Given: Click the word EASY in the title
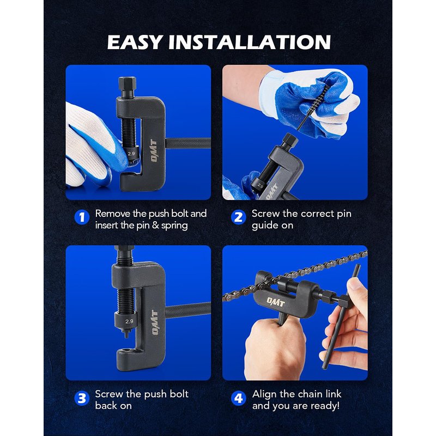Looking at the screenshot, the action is coord(135,43).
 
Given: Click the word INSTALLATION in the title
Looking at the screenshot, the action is coord(250,43).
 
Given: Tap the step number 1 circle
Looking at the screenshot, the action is coord(82,217).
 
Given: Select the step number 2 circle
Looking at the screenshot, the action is coord(239,217).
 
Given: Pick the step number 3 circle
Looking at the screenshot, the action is coord(82,398).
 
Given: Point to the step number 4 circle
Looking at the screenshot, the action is coord(239,398).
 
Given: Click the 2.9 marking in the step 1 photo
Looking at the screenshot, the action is coord(131,153).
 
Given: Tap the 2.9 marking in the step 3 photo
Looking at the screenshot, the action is coord(129,321).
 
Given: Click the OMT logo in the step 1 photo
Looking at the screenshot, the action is coord(154,151).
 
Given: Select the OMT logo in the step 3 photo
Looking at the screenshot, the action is coord(155,323).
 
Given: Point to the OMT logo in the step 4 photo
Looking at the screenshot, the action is coord(276,302).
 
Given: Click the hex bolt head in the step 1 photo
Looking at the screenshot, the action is coord(127,83).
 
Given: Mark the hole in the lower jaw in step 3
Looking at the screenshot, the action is coord(126,350).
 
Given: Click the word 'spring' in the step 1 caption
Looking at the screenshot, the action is coord(174,226).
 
